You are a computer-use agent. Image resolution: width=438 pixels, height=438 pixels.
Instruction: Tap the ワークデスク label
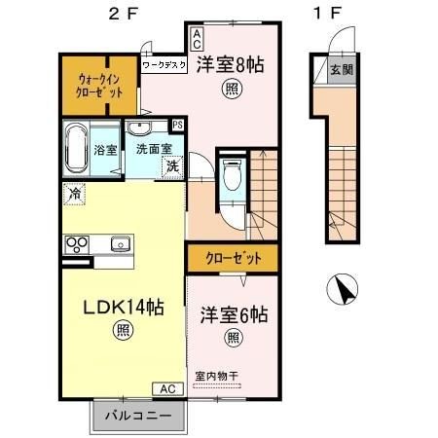tap(165, 66)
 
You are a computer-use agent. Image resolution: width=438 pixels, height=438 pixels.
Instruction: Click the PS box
tap(177, 126)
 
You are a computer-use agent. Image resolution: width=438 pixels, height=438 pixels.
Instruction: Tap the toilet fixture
tap(230, 179)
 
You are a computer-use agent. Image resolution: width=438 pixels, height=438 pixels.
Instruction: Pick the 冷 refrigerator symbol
tap(75, 195)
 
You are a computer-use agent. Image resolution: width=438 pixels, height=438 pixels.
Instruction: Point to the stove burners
tap(77, 242)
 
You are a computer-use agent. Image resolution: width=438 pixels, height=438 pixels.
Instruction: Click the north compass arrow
tap(344, 289)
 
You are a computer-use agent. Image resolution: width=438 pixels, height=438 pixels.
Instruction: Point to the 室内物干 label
tap(224, 376)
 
